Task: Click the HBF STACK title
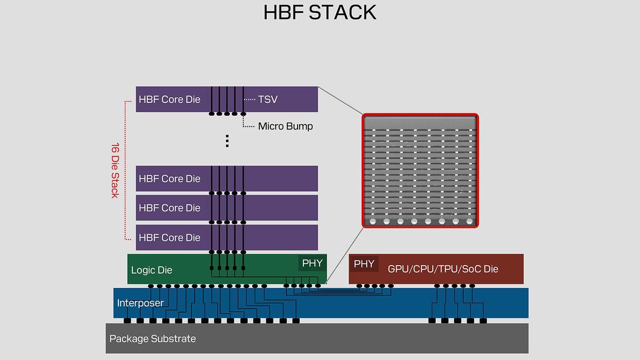pos(319,12)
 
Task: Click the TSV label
pos(268,99)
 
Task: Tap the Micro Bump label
pos(285,126)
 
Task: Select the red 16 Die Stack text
pos(115,170)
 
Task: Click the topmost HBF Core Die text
pos(170,99)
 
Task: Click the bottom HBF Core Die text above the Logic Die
pos(170,237)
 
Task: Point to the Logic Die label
pos(151,270)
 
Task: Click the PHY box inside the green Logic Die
pos(312,263)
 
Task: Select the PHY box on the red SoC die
pos(364,263)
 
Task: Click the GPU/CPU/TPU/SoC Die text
pos(443,269)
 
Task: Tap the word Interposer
pos(140,303)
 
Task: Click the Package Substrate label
pos(153,339)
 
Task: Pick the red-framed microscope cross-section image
pos(420,171)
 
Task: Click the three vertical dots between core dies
pos(227,141)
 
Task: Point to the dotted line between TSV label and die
pos(249,100)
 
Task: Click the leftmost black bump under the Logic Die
pos(151,286)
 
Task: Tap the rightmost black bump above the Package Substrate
pos(483,321)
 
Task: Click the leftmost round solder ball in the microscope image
pos(373,221)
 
